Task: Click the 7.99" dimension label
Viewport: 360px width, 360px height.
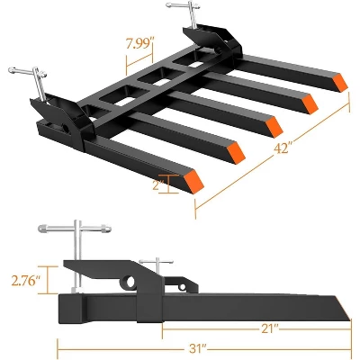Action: [x=138, y=43]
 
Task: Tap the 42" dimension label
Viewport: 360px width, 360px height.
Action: [x=283, y=148]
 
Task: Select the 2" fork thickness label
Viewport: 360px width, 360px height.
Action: [x=158, y=184]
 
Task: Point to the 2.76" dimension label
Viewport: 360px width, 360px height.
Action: [x=26, y=281]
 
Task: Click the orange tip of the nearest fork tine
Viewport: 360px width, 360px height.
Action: [x=193, y=181]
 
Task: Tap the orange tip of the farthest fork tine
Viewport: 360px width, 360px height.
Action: [x=340, y=82]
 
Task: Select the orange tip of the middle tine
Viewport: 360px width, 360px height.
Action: [x=274, y=126]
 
